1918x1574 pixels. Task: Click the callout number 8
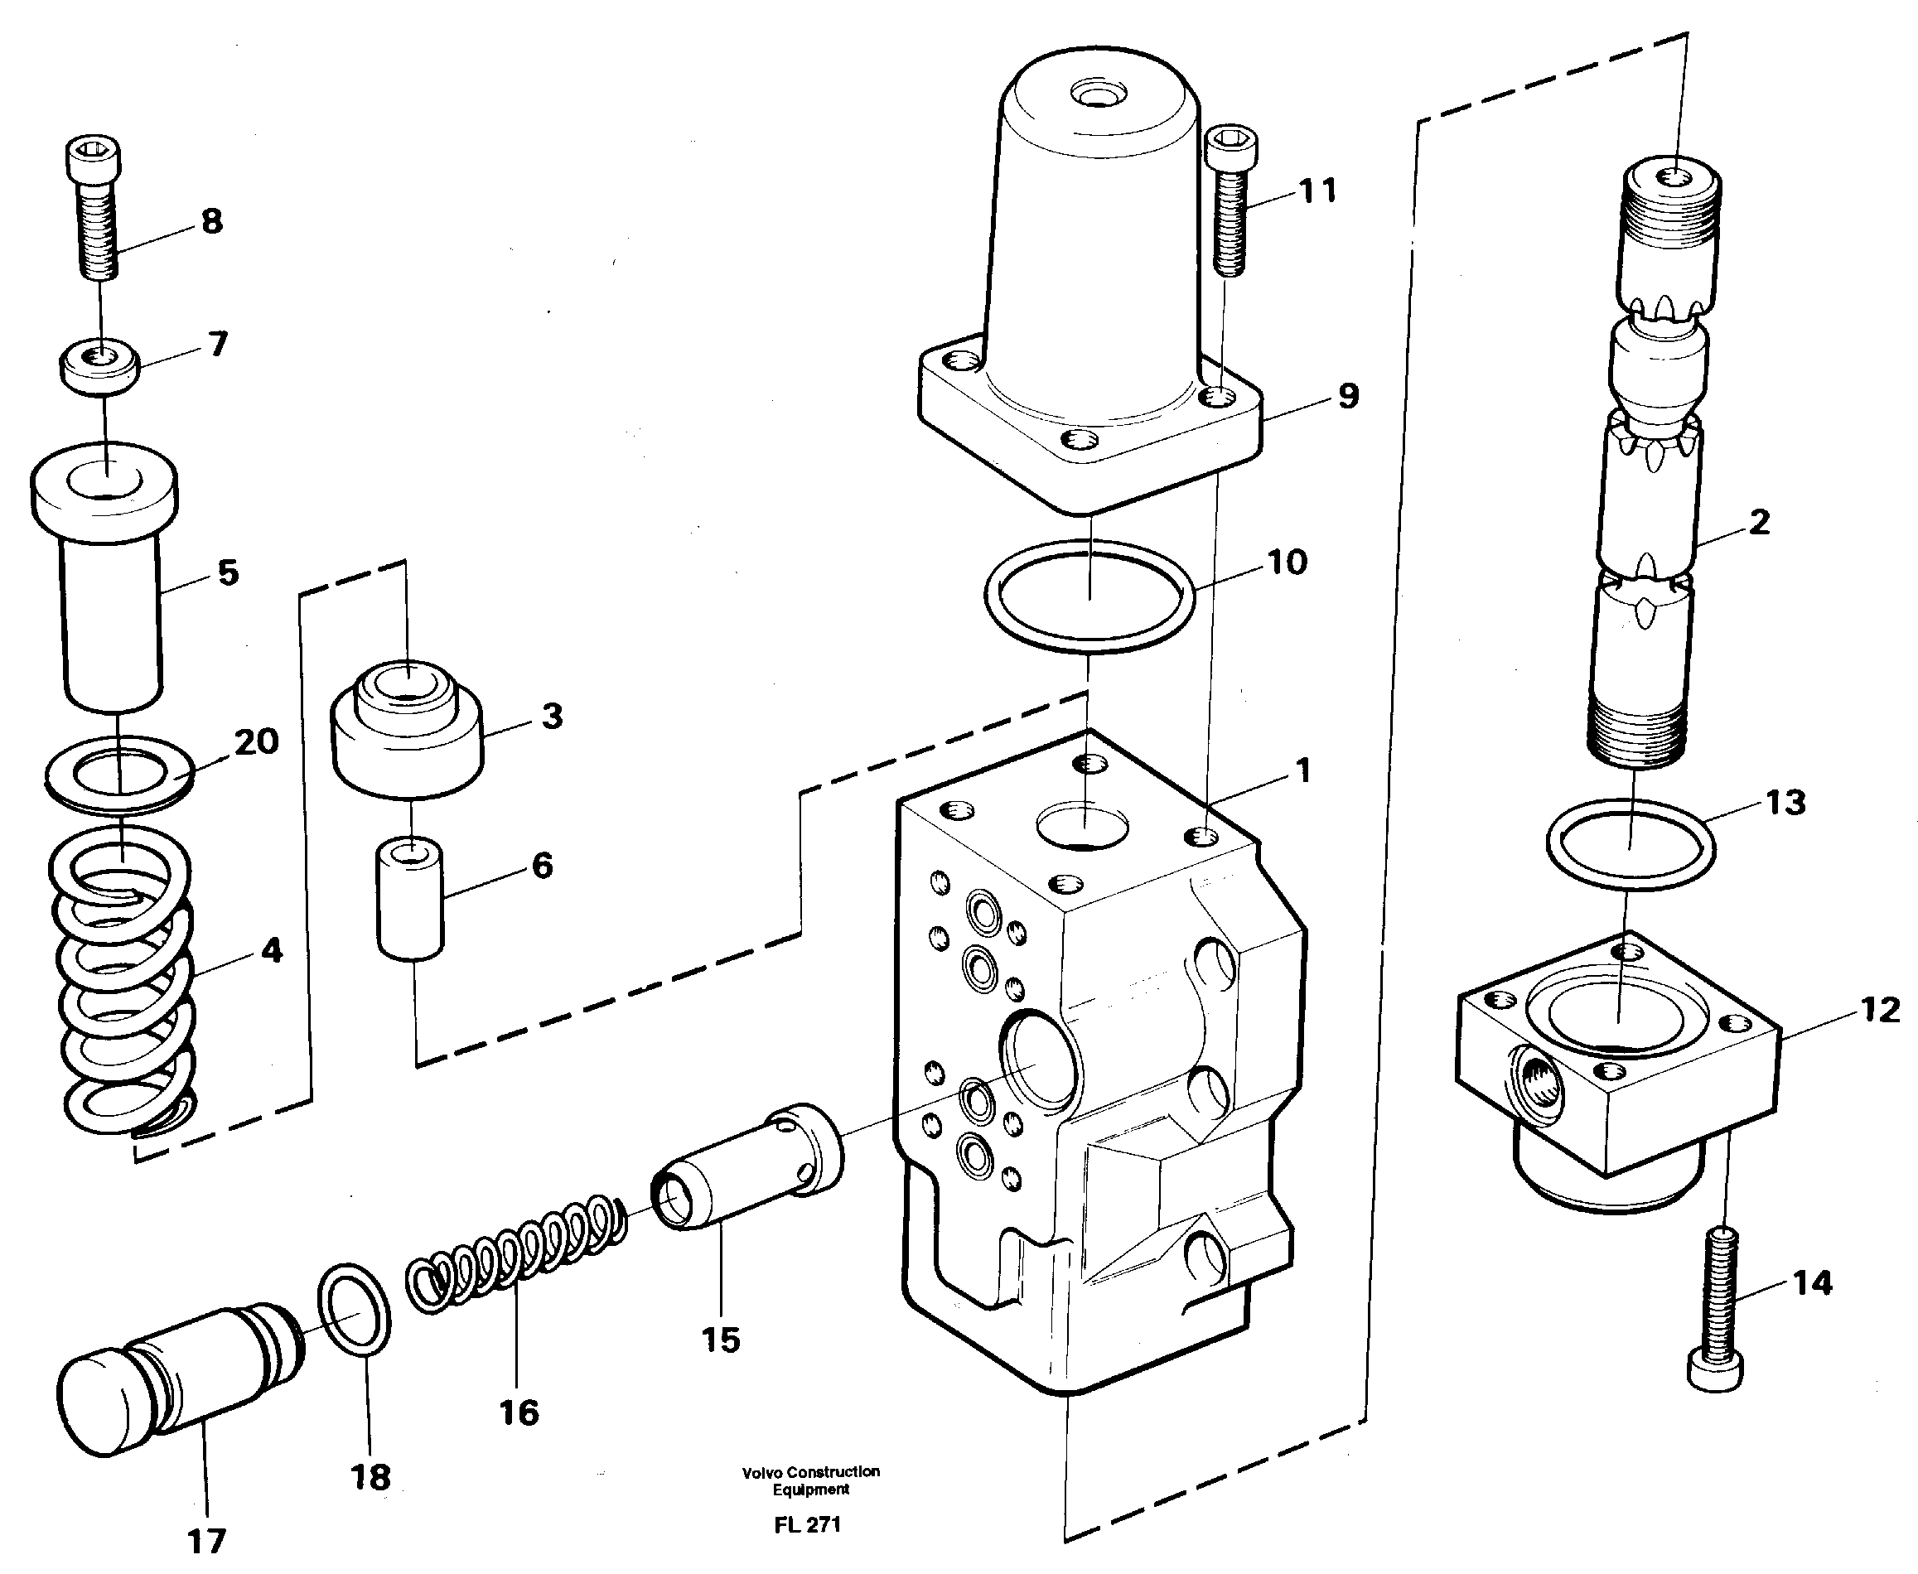pos(211,221)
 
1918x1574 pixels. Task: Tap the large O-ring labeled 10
pos(1089,596)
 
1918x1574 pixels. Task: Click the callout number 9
pos(1348,396)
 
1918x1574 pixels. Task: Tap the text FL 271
pos(807,1524)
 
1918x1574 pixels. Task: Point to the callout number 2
pos(1758,522)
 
